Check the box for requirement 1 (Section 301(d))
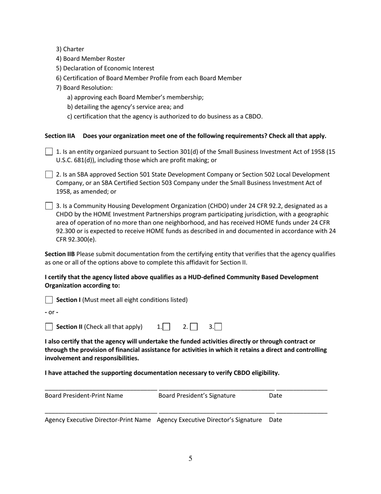tap(49, 152)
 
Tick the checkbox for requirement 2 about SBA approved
tap(49, 174)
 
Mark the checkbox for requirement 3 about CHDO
tap(49, 206)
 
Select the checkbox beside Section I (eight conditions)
tap(49, 300)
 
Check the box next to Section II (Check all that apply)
tap(49, 327)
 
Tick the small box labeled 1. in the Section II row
tap(166, 327)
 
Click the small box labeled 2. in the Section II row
tap(194, 327)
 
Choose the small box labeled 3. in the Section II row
tap(219, 327)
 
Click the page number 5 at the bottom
tap(190, 459)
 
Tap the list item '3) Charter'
tap(70, 49)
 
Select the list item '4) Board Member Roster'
tap(90, 59)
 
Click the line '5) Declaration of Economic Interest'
tap(105, 68)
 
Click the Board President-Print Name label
tap(84, 396)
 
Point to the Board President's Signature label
tap(197, 396)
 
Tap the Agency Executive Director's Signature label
tap(209, 420)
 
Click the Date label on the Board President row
tap(276, 396)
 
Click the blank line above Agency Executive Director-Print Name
tap(101, 413)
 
